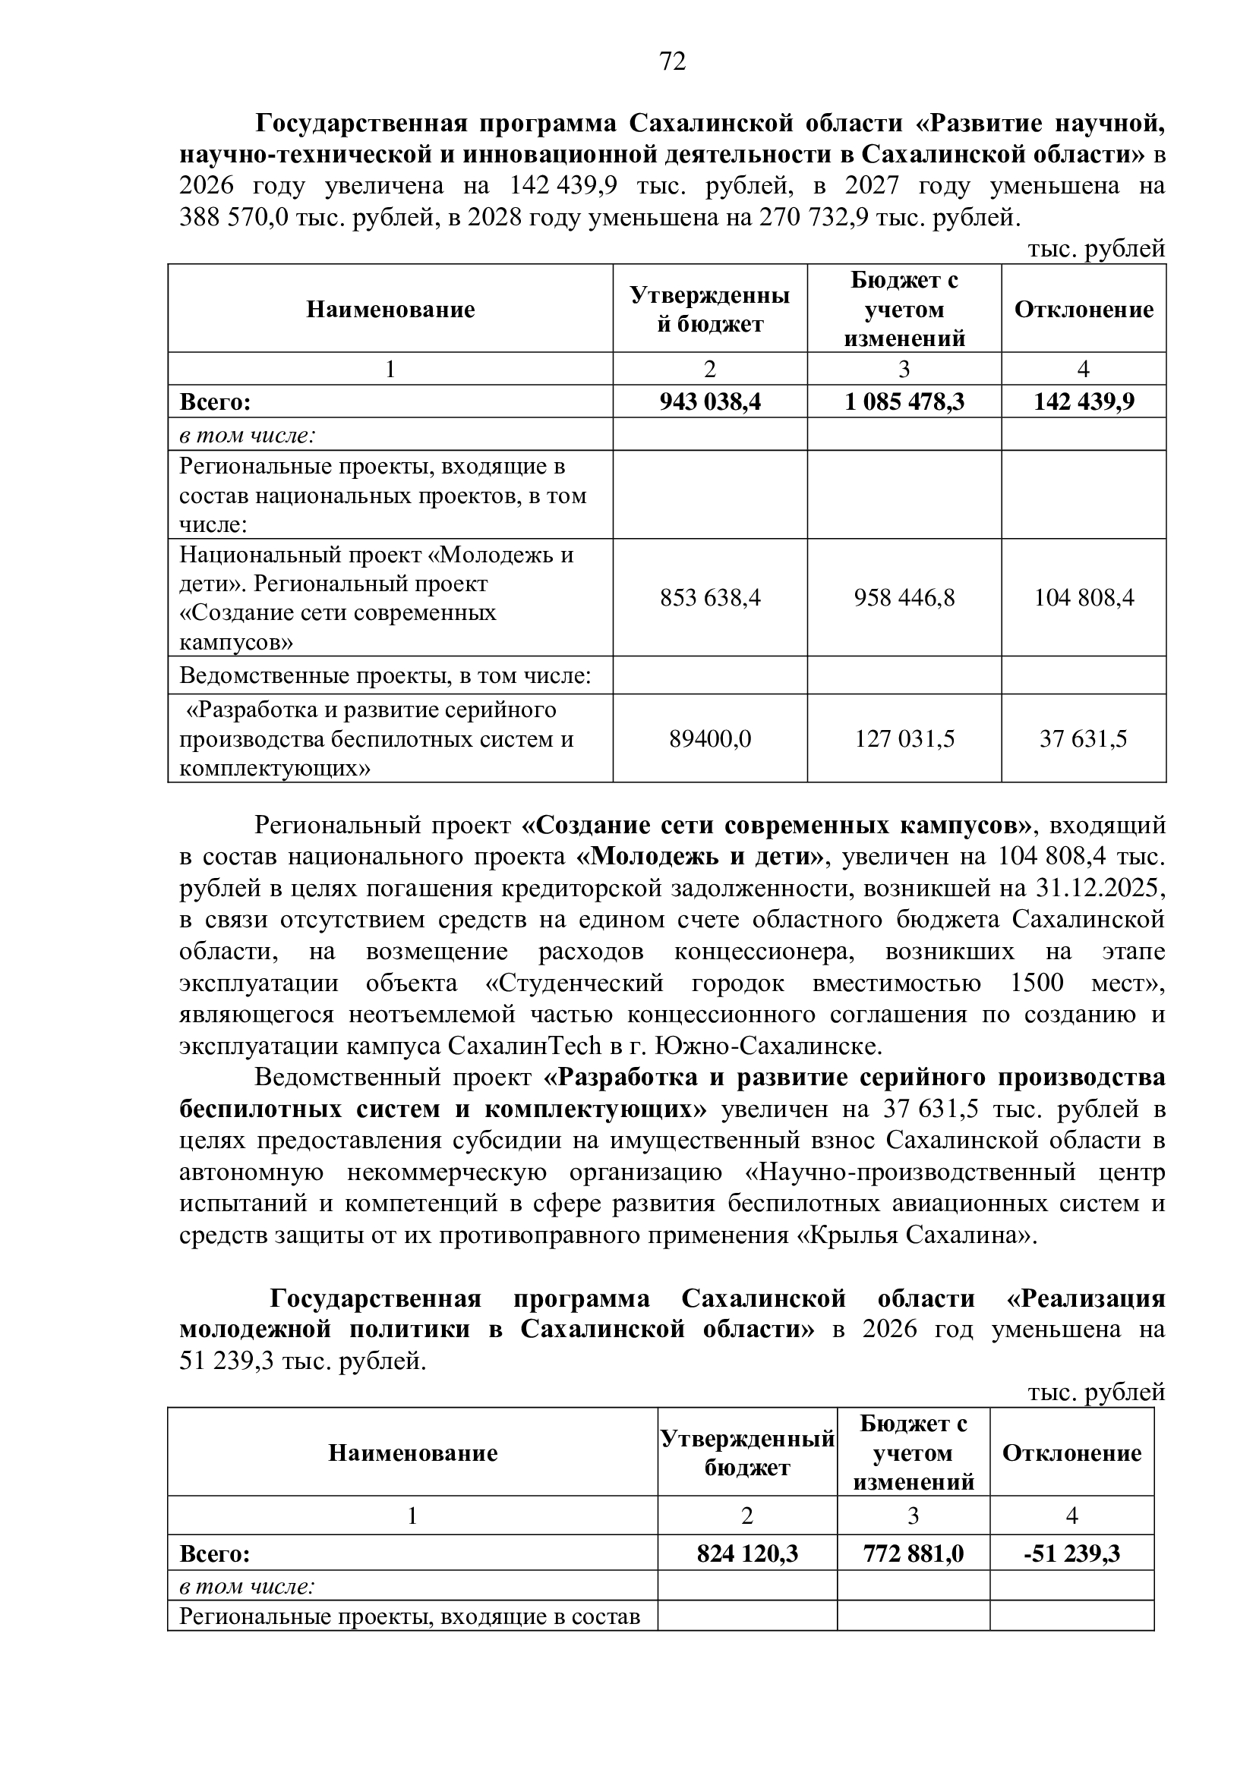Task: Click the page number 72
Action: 672,61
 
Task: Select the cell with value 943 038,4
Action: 709,402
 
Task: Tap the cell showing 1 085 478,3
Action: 904,402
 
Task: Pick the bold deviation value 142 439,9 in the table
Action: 1084,402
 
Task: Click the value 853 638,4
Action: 709,597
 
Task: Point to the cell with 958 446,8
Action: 904,597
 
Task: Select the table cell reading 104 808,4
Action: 1084,597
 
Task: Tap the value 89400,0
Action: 709,739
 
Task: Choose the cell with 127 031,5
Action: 904,739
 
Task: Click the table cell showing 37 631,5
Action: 1084,739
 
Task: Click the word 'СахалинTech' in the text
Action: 525,1046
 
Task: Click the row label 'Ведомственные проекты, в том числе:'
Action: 385,675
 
